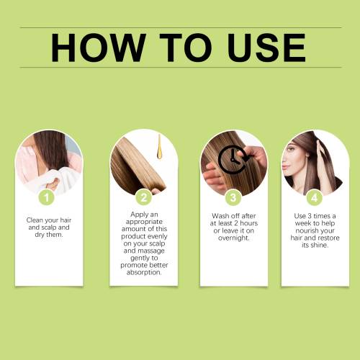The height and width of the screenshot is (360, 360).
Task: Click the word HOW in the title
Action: point(99,48)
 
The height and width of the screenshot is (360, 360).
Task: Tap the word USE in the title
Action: point(266,48)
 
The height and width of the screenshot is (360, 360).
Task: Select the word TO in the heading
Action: point(186,48)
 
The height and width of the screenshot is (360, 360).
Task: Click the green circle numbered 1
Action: point(47,197)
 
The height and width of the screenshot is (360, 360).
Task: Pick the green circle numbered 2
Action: point(143,197)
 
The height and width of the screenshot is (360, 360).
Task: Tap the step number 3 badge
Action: point(233,197)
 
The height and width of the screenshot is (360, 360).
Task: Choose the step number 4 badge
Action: point(315,197)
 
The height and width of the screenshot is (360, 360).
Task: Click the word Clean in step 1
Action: point(35,220)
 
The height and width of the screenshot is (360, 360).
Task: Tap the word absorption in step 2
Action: point(144,273)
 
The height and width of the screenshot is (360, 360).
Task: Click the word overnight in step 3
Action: point(234,238)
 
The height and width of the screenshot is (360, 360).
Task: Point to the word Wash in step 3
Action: point(220,216)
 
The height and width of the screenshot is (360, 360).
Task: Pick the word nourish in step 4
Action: point(305,230)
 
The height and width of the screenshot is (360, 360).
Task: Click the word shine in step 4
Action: point(319,245)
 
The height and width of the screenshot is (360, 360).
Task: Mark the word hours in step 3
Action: point(249,223)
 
